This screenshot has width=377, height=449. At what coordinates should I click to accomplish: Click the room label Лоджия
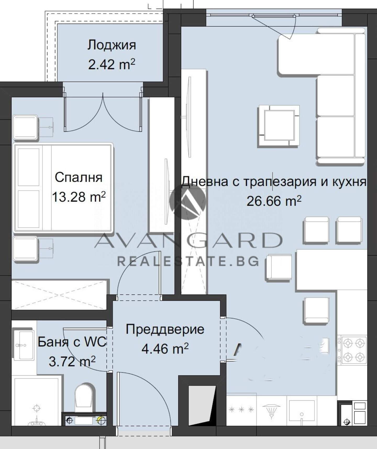pos(112,45)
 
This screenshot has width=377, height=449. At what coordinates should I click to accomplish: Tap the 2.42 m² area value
pos(112,64)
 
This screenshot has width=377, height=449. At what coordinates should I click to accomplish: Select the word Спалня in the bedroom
pos(79,178)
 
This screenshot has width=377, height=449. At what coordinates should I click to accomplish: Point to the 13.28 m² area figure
pos(79,197)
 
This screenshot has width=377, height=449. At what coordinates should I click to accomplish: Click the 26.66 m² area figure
pos(274,201)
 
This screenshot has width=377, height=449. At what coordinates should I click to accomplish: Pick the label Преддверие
pos(165,329)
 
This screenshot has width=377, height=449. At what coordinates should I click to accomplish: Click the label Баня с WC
pos(72,342)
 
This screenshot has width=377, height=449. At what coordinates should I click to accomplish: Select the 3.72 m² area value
pos(72,361)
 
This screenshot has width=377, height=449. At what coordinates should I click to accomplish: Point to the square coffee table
pos(279,126)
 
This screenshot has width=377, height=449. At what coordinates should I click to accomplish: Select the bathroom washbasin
pos(24,345)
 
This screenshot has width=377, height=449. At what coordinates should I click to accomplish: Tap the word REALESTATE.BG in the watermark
pos(188,261)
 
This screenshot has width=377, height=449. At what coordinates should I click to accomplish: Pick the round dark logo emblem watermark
pos(187,201)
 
